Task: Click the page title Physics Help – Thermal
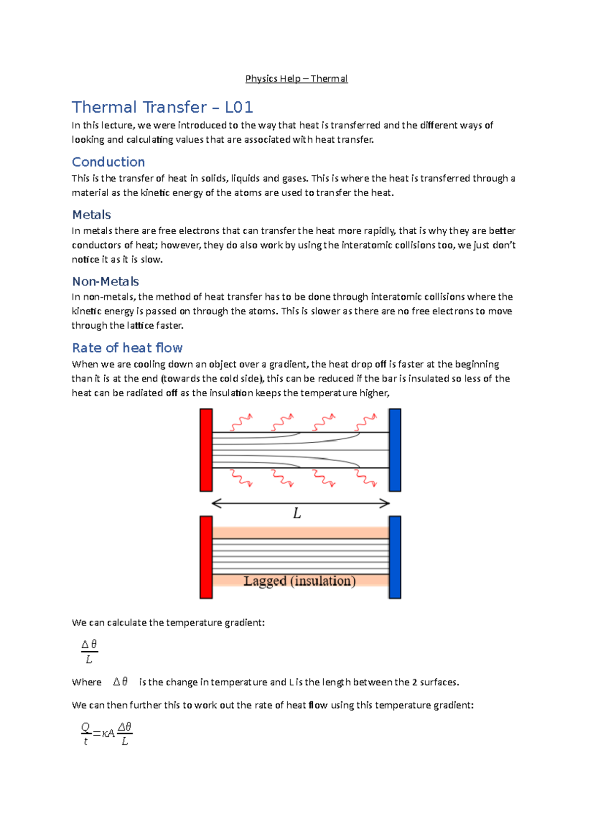pos(296,79)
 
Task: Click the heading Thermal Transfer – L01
pos(162,107)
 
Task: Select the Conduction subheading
pos(108,162)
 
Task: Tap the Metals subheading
pos(91,215)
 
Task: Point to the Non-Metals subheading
pos(105,282)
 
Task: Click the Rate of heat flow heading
pos(127,348)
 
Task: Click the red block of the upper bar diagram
pos(206,450)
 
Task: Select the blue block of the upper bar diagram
pos(395,450)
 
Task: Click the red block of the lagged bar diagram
pos(206,557)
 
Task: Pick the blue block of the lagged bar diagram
pos(395,557)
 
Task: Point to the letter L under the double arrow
pos(297,514)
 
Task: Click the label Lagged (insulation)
pos(299,581)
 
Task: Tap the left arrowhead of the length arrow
pos(215,503)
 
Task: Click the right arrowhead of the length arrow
pos(385,503)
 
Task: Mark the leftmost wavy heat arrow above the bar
pos(241,422)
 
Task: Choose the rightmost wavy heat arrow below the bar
pos(366,478)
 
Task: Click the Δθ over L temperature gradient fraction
pos(89,651)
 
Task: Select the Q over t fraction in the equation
pos(85,734)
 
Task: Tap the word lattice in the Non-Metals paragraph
pos(140,326)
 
